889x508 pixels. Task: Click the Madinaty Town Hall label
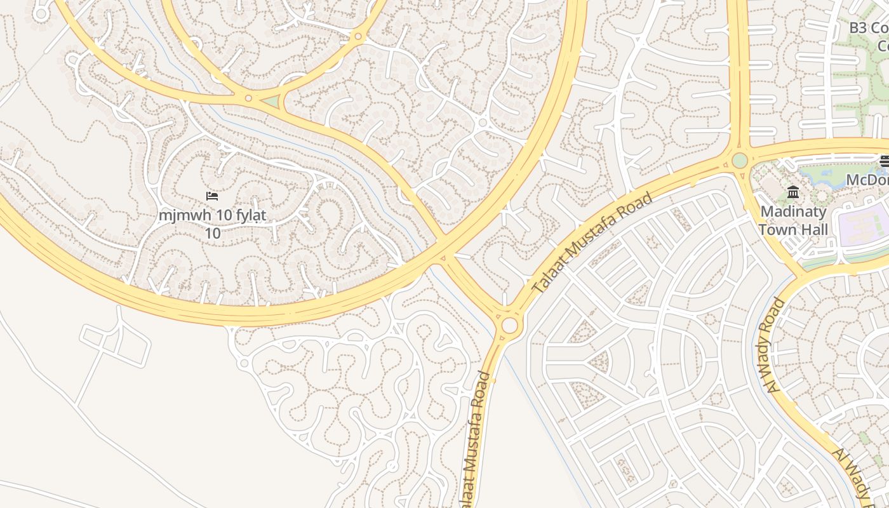point(793,220)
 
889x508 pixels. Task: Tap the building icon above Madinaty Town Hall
point(793,192)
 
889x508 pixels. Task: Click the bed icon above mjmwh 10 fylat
point(212,196)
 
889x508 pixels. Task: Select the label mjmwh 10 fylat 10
point(212,224)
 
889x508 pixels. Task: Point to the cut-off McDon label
point(867,180)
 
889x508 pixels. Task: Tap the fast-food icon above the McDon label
point(884,161)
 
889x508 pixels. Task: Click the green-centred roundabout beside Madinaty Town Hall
point(740,160)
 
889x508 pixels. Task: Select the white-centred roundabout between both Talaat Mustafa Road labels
point(509,326)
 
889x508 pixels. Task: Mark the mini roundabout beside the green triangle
point(248,98)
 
